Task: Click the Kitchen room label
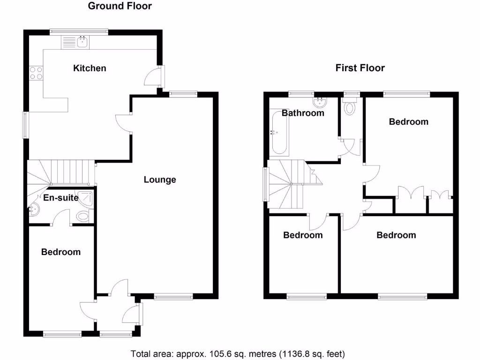(x=90, y=68)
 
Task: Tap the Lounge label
(x=160, y=180)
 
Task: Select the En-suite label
(x=60, y=198)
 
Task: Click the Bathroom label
(x=303, y=113)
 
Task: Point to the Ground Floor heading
(x=120, y=6)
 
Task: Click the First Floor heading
(x=360, y=68)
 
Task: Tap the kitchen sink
(x=82, y=42)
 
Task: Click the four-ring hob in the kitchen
(x=36, y=73)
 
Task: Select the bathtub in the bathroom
(x=278, y=132)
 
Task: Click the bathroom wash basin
(x=321, y=101)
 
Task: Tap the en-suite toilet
(x=83, y=217)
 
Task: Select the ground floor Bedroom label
(x=61, y=252)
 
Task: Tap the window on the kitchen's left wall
(x=27, y=125)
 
